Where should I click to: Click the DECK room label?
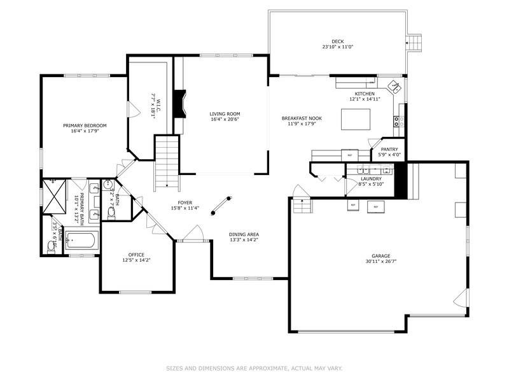tap(337, 41)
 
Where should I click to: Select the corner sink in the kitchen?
tap(395, 87)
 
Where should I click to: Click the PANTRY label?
tap(389, 149)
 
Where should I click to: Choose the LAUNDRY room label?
tap(370, 179)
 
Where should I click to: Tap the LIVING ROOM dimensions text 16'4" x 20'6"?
tap(225, 120)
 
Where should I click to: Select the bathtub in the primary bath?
tap(81, 242)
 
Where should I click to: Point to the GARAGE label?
tap(381, 256)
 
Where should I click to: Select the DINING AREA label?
tap(244, 234)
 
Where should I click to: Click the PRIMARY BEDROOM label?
tap(85, 125)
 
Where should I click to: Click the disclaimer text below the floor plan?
tap(254, 368)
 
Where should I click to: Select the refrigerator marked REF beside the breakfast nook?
tap(349, 155)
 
